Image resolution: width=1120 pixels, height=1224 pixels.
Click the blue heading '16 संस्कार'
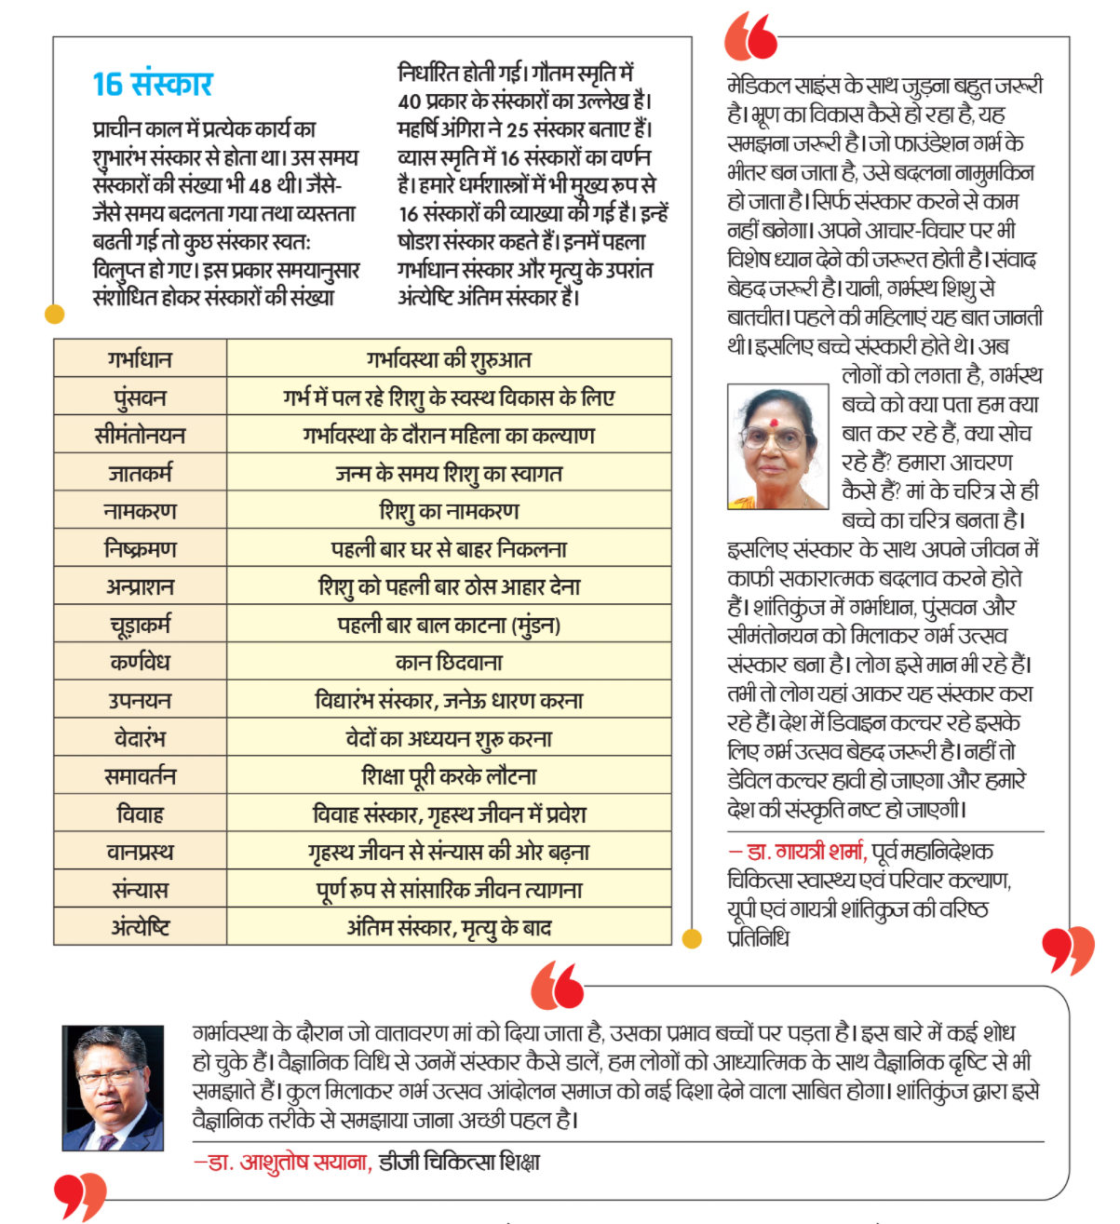(x=153, y=85)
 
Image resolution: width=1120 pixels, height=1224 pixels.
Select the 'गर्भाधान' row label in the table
(x=140, y=359)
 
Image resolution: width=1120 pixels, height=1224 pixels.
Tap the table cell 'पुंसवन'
(x=140, y=397)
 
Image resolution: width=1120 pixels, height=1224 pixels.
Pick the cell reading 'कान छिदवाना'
(x=449, y=663)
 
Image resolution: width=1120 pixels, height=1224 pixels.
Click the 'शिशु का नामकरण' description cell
(x=449, y=511)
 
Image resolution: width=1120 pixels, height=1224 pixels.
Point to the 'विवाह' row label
(x=140, y=814)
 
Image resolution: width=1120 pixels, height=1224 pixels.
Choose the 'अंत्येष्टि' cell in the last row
(x=140, y=928)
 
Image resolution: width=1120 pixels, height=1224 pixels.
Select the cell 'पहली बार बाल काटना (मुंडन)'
(x=449, y=625)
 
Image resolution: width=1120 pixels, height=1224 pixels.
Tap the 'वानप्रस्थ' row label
(x=140, y=852)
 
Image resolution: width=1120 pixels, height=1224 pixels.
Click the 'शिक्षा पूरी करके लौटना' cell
(x=449, y=776)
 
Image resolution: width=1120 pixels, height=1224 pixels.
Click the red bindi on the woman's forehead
(x=772, y=423)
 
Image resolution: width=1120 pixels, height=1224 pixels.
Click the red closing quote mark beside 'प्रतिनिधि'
(x=1067, y=949)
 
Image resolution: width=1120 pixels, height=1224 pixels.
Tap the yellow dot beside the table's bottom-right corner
(x=692, y=939)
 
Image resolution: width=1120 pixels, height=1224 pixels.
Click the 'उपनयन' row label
(x=140, y=701)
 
